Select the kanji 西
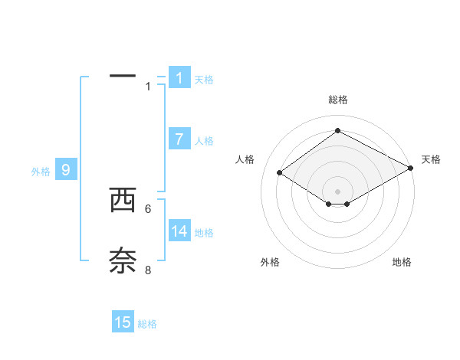123,200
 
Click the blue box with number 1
179,77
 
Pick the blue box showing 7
179,139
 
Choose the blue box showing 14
179,231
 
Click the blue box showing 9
66,170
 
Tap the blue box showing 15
123,322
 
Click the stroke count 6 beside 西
148,208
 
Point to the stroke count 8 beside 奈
148,270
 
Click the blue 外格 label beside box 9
41,172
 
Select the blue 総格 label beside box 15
147,324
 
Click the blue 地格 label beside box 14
204,233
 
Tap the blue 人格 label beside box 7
204,141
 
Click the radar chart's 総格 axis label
337,100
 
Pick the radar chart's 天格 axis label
431,159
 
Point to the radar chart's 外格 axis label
270,262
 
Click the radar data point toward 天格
412,169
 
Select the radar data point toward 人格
280,173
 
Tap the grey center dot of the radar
337,191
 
